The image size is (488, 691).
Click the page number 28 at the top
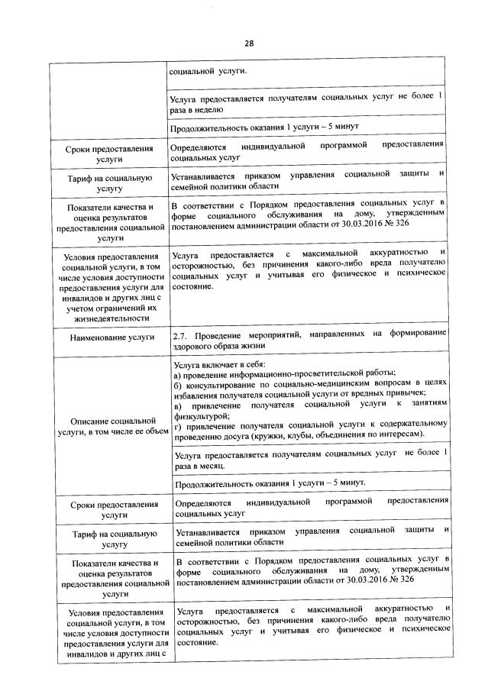point(248,43)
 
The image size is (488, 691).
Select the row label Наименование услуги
point(108,337)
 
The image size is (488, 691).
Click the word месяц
point(210,465)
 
